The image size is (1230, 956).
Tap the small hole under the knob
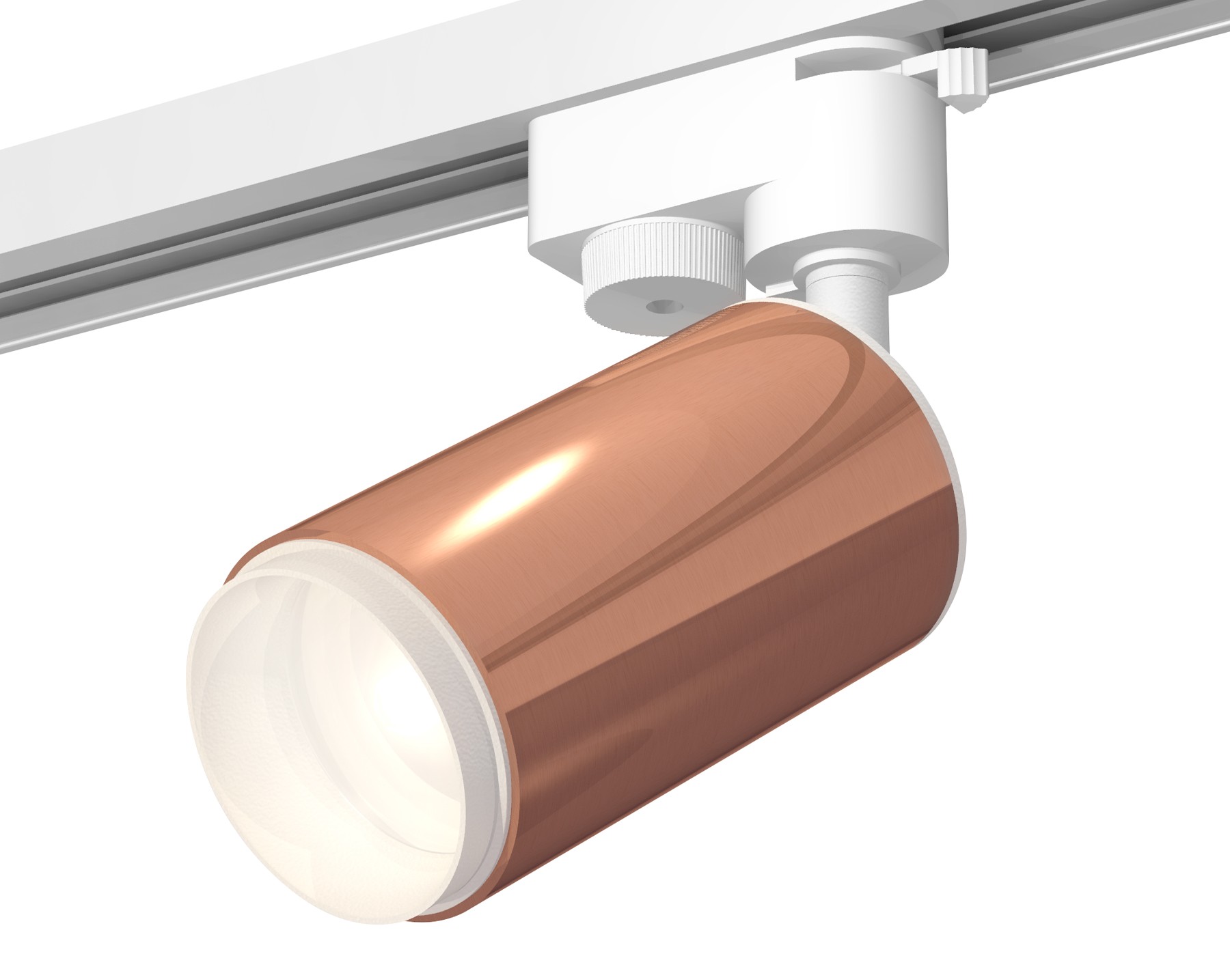tap(659, 307)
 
